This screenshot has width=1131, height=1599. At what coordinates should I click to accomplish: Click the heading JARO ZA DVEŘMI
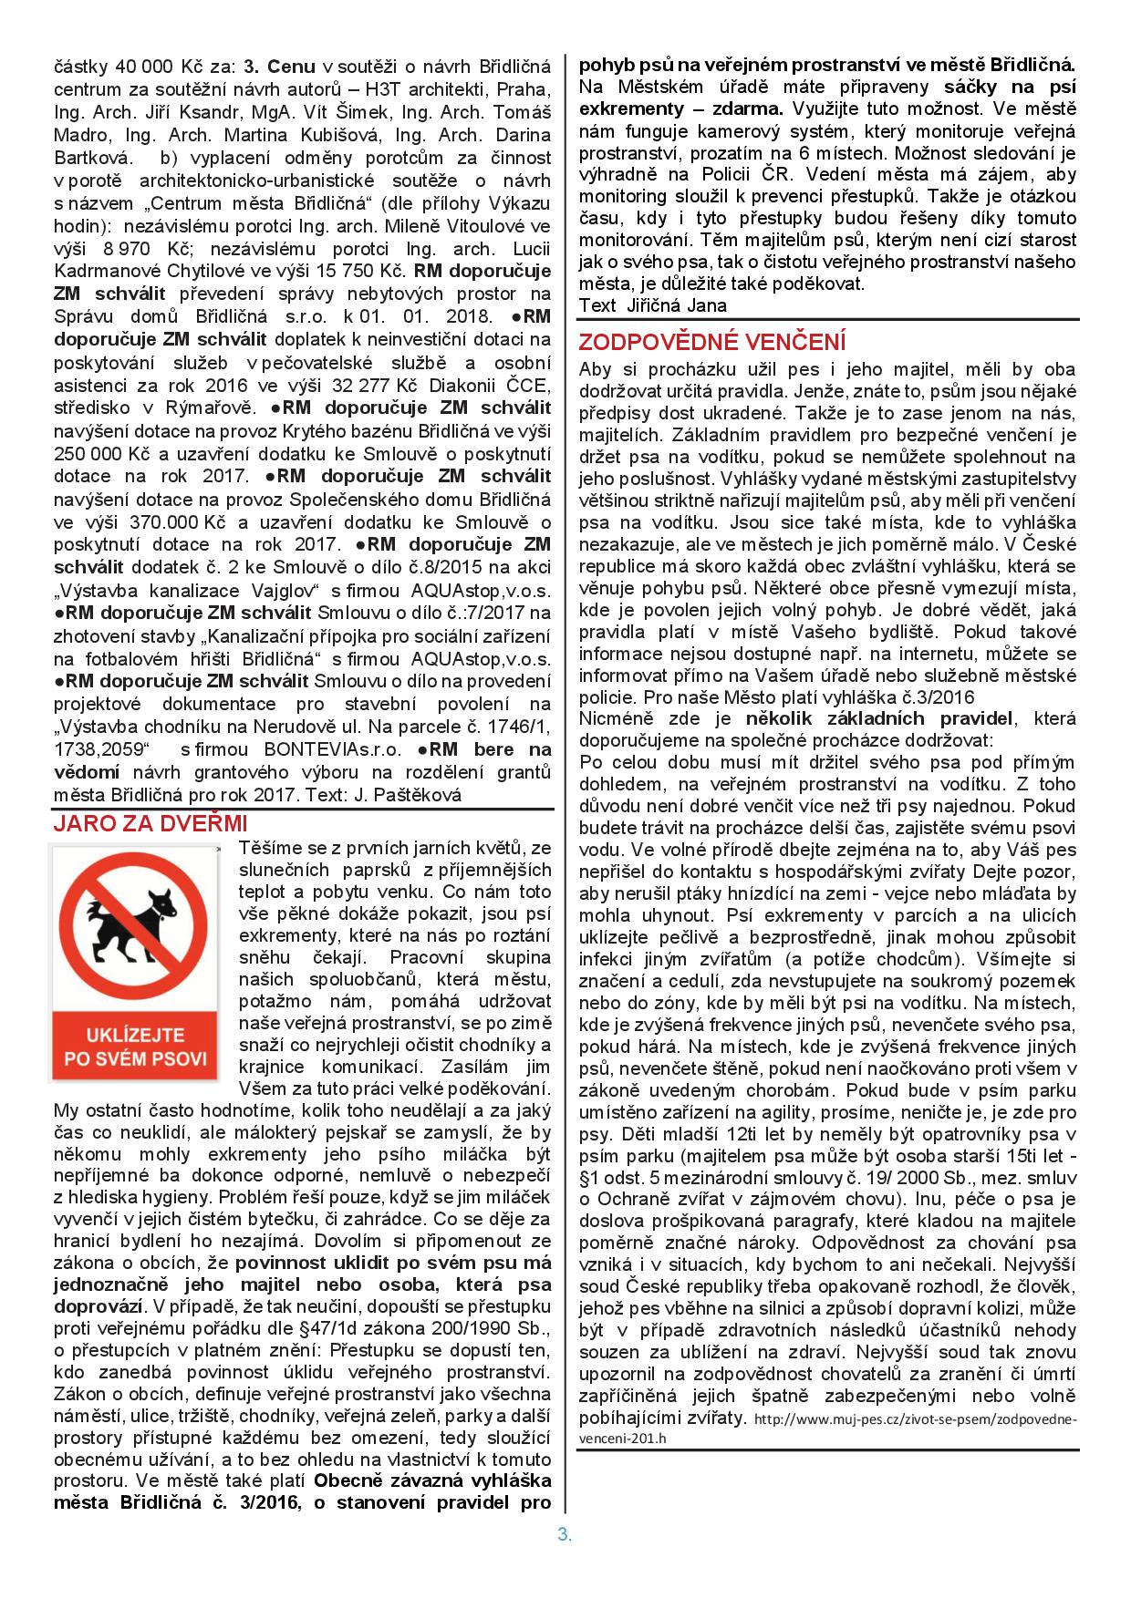pos(150,823)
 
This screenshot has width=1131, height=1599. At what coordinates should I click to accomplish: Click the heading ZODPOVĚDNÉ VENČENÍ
pos(712,343)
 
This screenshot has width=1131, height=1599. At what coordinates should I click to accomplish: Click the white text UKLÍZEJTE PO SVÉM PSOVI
pos(135,1047)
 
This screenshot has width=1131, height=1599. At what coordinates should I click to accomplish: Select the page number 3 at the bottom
pos(564,1533)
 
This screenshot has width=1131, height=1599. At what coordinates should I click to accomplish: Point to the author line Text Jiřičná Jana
pos(653,305)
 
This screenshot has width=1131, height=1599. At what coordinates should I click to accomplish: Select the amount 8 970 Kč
pos(140,248)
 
